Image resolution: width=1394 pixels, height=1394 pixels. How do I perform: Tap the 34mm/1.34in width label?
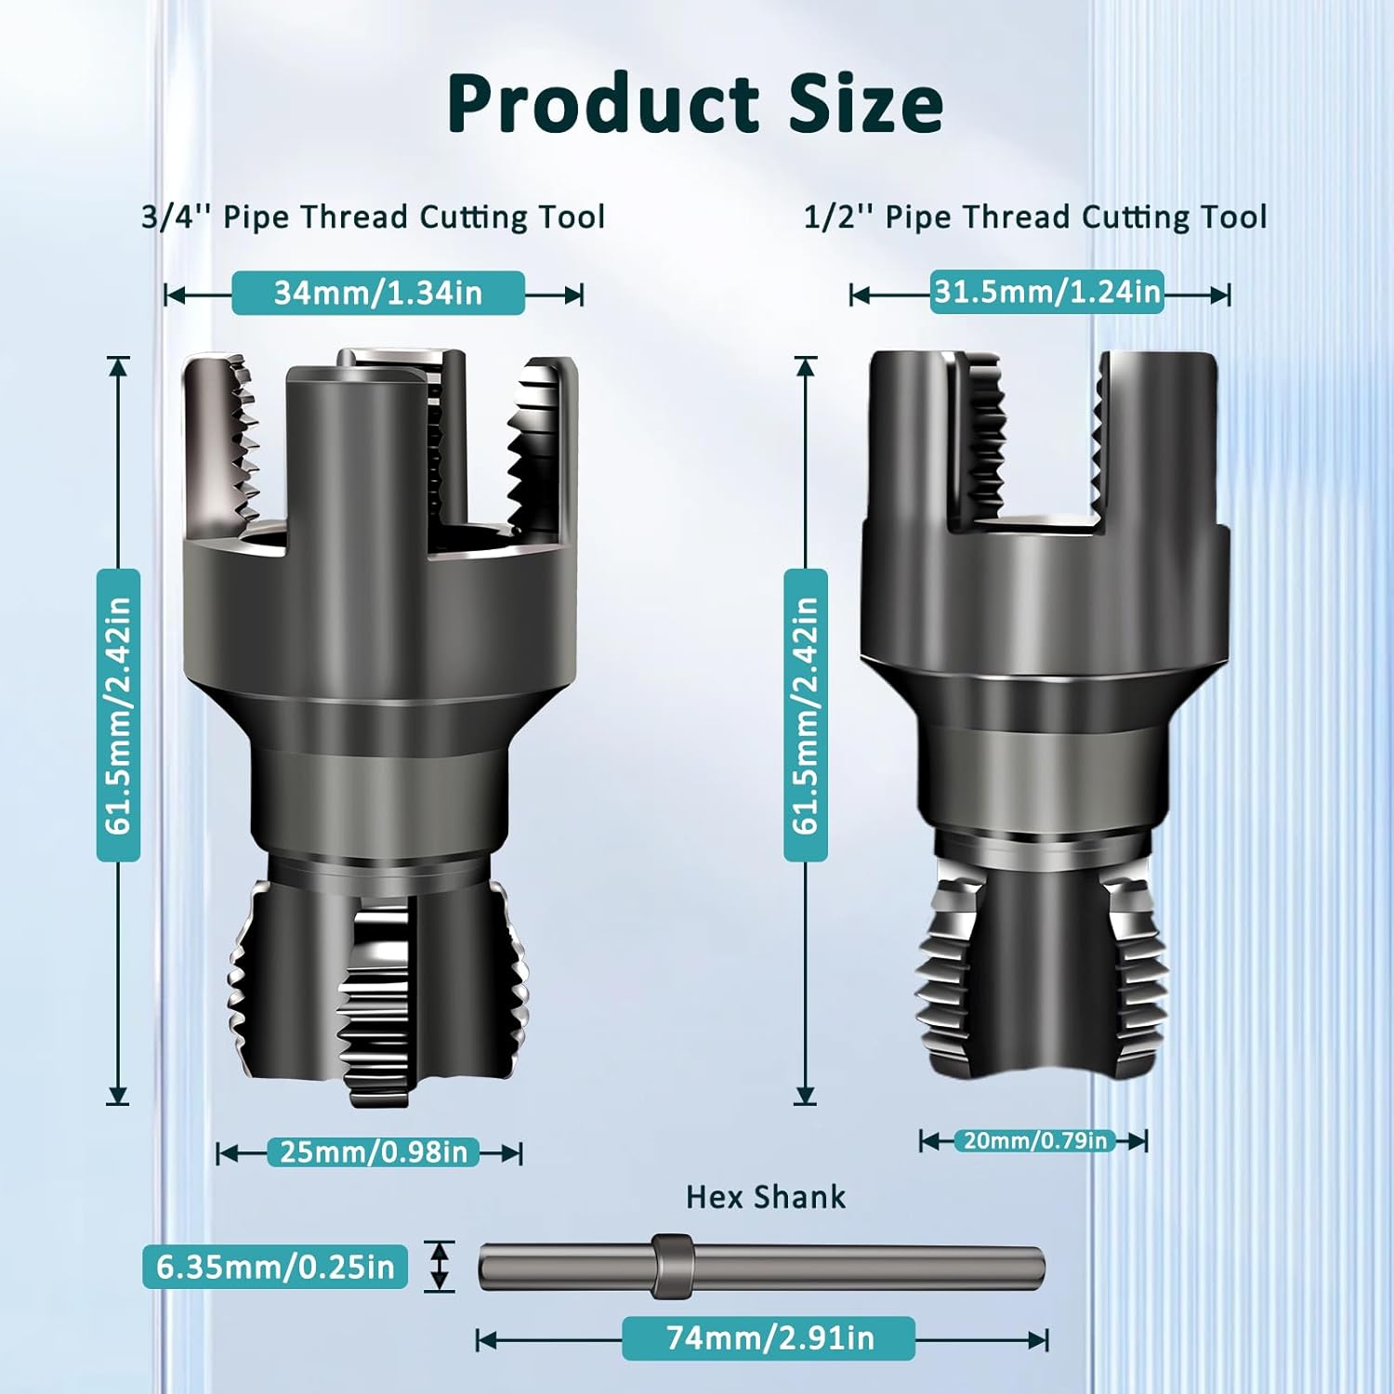[378, 294]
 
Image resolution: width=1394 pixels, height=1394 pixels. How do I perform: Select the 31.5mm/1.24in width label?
[1047, 292]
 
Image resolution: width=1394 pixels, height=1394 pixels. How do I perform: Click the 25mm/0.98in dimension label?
[374, 1152]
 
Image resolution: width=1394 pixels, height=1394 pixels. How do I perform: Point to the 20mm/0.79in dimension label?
[1034, 1140]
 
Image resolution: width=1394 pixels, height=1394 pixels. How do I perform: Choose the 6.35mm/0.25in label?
[275, 1267]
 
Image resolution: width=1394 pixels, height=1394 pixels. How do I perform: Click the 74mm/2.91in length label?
[769, 1338]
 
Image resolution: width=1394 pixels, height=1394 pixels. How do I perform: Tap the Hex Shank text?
[766, 1197]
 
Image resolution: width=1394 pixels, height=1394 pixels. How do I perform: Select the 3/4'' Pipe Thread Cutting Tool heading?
[374, 217]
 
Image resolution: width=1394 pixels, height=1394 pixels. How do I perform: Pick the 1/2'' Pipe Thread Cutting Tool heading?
[1035, 217]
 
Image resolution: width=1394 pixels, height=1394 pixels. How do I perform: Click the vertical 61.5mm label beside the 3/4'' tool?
[118, 716]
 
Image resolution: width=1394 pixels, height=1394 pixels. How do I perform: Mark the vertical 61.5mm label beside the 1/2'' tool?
[806, 716]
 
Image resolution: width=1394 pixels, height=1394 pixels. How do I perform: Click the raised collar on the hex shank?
[672, 1266]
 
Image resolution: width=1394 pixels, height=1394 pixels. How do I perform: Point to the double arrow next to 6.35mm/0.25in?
[441, 1266]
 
